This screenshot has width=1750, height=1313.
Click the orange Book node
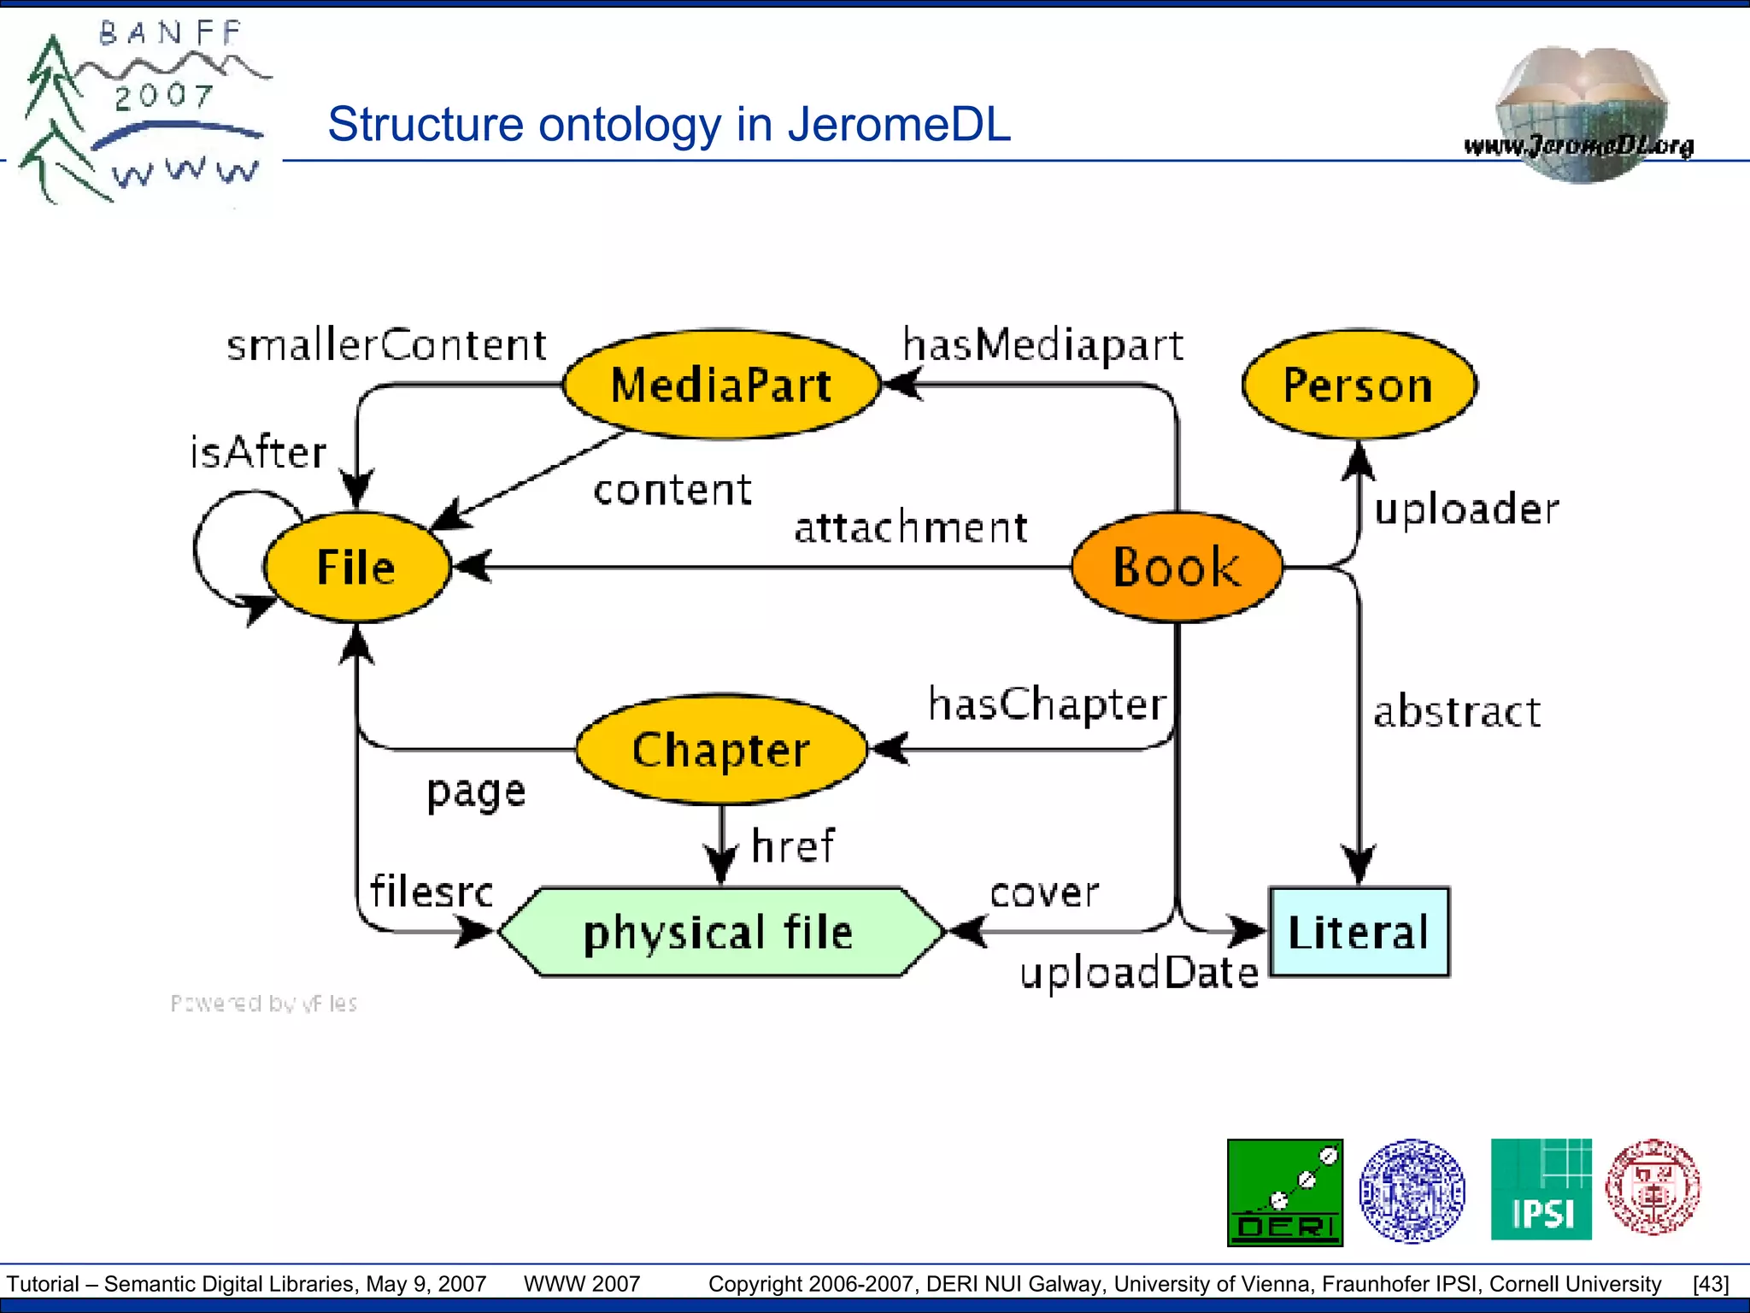point(1177,567)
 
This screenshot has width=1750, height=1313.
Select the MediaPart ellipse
point(721,385)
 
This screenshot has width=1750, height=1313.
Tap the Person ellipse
point(1359,385)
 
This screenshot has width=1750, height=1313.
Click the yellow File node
point(356,567)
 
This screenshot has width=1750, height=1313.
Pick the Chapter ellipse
point(721,750)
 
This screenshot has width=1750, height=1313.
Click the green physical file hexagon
point(719,932)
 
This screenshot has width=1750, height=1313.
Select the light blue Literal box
point(1359,932)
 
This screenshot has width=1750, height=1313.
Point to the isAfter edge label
point(258,451)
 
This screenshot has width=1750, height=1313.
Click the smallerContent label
point(386,345)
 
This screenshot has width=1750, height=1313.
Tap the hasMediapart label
point(1043,345)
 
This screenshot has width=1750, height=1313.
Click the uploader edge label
point(1466,509)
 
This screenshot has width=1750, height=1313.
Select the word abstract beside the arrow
point(1457,711)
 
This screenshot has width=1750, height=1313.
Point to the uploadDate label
point(1139,973)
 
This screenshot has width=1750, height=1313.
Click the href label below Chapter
point(793,846)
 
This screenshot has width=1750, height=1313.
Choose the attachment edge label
point(911,527)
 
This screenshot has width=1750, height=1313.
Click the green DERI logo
point(1285,1192)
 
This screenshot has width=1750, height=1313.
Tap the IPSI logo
point(1541,1190)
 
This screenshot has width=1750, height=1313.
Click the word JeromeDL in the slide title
point(899,125)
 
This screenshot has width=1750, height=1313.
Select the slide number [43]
point(1711,1284)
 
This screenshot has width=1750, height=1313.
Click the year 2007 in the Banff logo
point(164,97)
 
